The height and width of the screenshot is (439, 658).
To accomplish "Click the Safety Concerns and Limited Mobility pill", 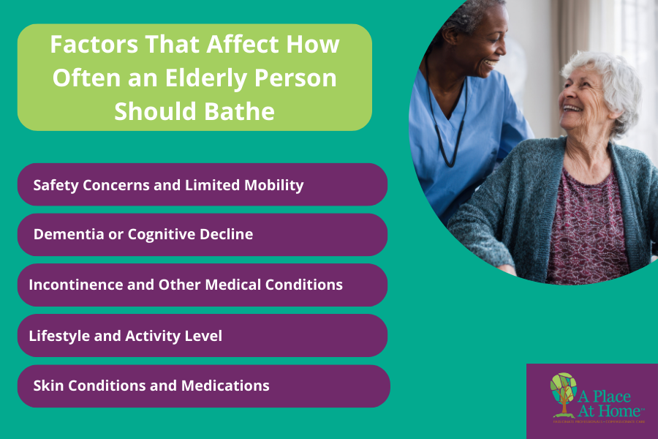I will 202,184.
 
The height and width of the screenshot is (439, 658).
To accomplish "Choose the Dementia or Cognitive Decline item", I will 202,235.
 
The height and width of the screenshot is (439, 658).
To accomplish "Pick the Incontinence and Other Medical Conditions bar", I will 202,285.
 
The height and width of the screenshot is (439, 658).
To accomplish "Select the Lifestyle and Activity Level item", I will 202,336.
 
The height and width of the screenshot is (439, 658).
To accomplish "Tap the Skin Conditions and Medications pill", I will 203,386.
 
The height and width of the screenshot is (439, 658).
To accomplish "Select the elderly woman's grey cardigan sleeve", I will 497,219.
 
